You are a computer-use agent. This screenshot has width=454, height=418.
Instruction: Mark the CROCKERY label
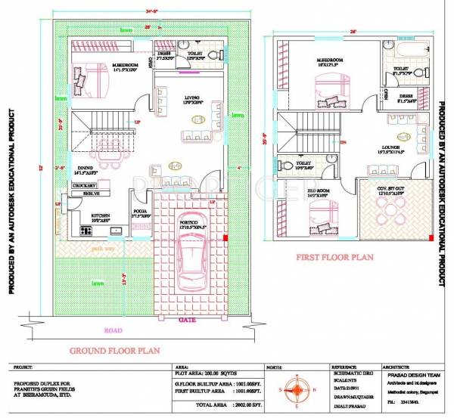coord(84,184)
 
